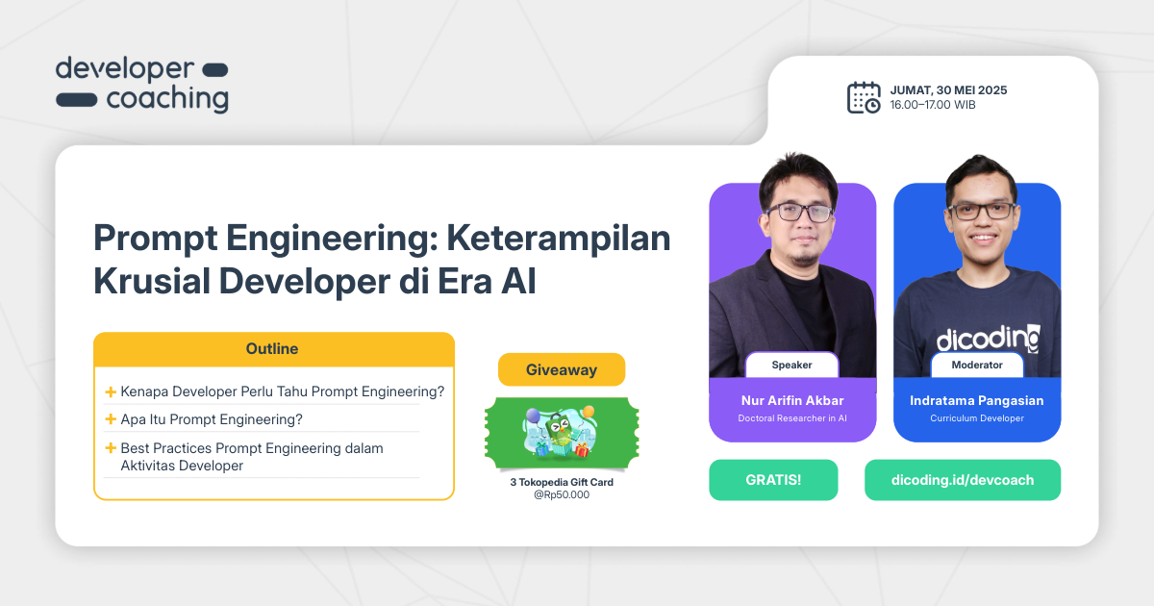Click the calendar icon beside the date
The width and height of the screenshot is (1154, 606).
tap(863, 97)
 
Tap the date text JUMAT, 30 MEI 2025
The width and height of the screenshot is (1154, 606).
tap(948, 90)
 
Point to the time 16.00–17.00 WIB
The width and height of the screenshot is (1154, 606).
tap(932, 105)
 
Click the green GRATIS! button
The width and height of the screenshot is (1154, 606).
tap(773, 480)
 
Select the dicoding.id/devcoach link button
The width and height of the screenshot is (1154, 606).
tap(962, 480)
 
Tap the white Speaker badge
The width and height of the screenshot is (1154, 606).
tap(791, 366)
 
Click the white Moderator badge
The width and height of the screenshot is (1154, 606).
tap(976, 366)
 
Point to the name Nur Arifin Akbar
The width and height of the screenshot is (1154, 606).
tap(792, 400)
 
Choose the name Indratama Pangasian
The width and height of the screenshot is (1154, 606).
tap(976, 400)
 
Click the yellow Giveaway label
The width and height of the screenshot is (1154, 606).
tap(561, 369)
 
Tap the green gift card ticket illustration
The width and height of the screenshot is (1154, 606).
tap(561, 434)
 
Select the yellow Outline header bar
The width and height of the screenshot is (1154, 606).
tap(273, 349)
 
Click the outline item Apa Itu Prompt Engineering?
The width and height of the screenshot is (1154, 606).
tap(211, 419)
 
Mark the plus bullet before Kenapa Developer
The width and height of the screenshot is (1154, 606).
tap(111, 391)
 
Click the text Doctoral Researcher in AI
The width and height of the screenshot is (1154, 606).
tap(792, 418)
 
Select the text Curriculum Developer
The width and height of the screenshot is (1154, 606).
tap(976, 418)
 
